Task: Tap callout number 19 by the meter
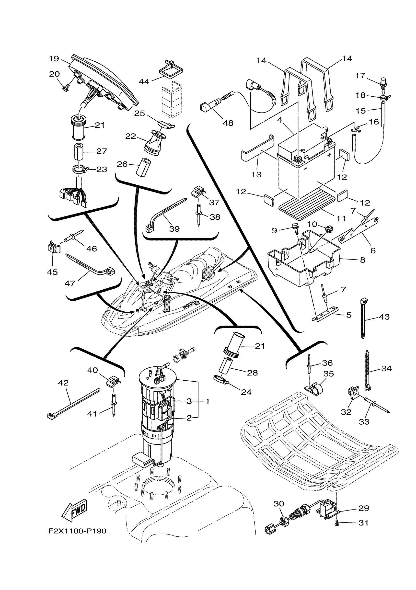point(54,59)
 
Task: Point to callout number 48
point(228,123)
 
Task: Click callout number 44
point(144,82)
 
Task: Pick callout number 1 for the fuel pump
point(207,401)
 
